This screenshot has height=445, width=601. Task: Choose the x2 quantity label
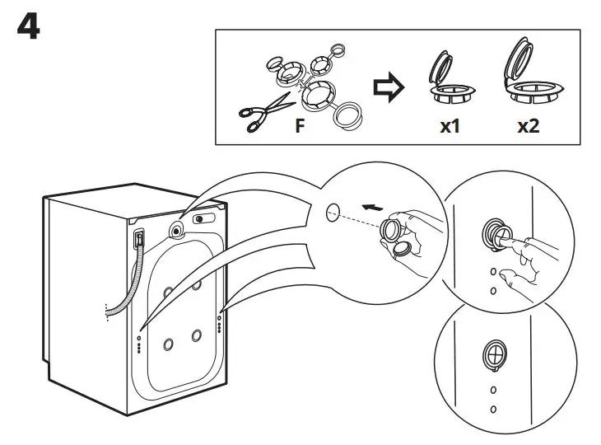(x=527, y=128)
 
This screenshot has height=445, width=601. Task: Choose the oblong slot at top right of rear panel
(x=201, y=220)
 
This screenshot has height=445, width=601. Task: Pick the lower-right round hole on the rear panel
(x=197, y=336)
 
